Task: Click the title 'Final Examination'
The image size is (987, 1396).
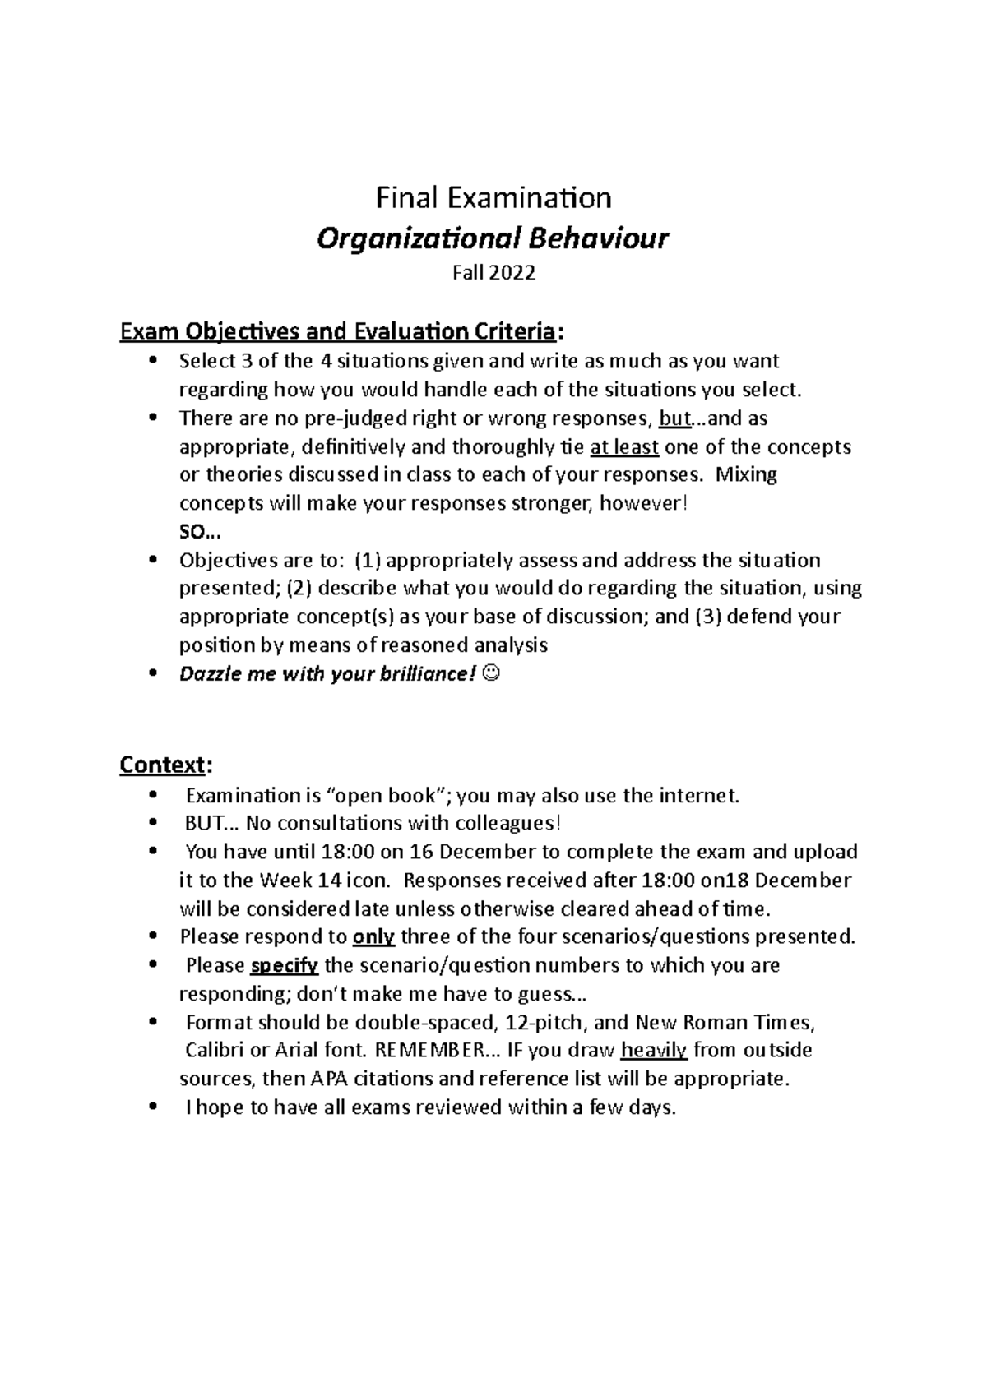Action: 493,198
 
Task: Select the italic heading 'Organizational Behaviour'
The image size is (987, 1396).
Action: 493,239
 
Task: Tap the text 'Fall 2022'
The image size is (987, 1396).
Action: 493,273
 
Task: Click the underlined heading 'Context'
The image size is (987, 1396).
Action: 161,765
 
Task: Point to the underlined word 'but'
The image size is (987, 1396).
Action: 674,418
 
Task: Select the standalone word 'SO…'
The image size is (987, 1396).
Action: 194,532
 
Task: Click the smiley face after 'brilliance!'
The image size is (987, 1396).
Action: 491,674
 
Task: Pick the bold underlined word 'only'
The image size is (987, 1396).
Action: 373,936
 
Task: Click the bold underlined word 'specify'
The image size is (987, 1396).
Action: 283,965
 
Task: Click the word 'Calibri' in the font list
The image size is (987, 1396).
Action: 215,1050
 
